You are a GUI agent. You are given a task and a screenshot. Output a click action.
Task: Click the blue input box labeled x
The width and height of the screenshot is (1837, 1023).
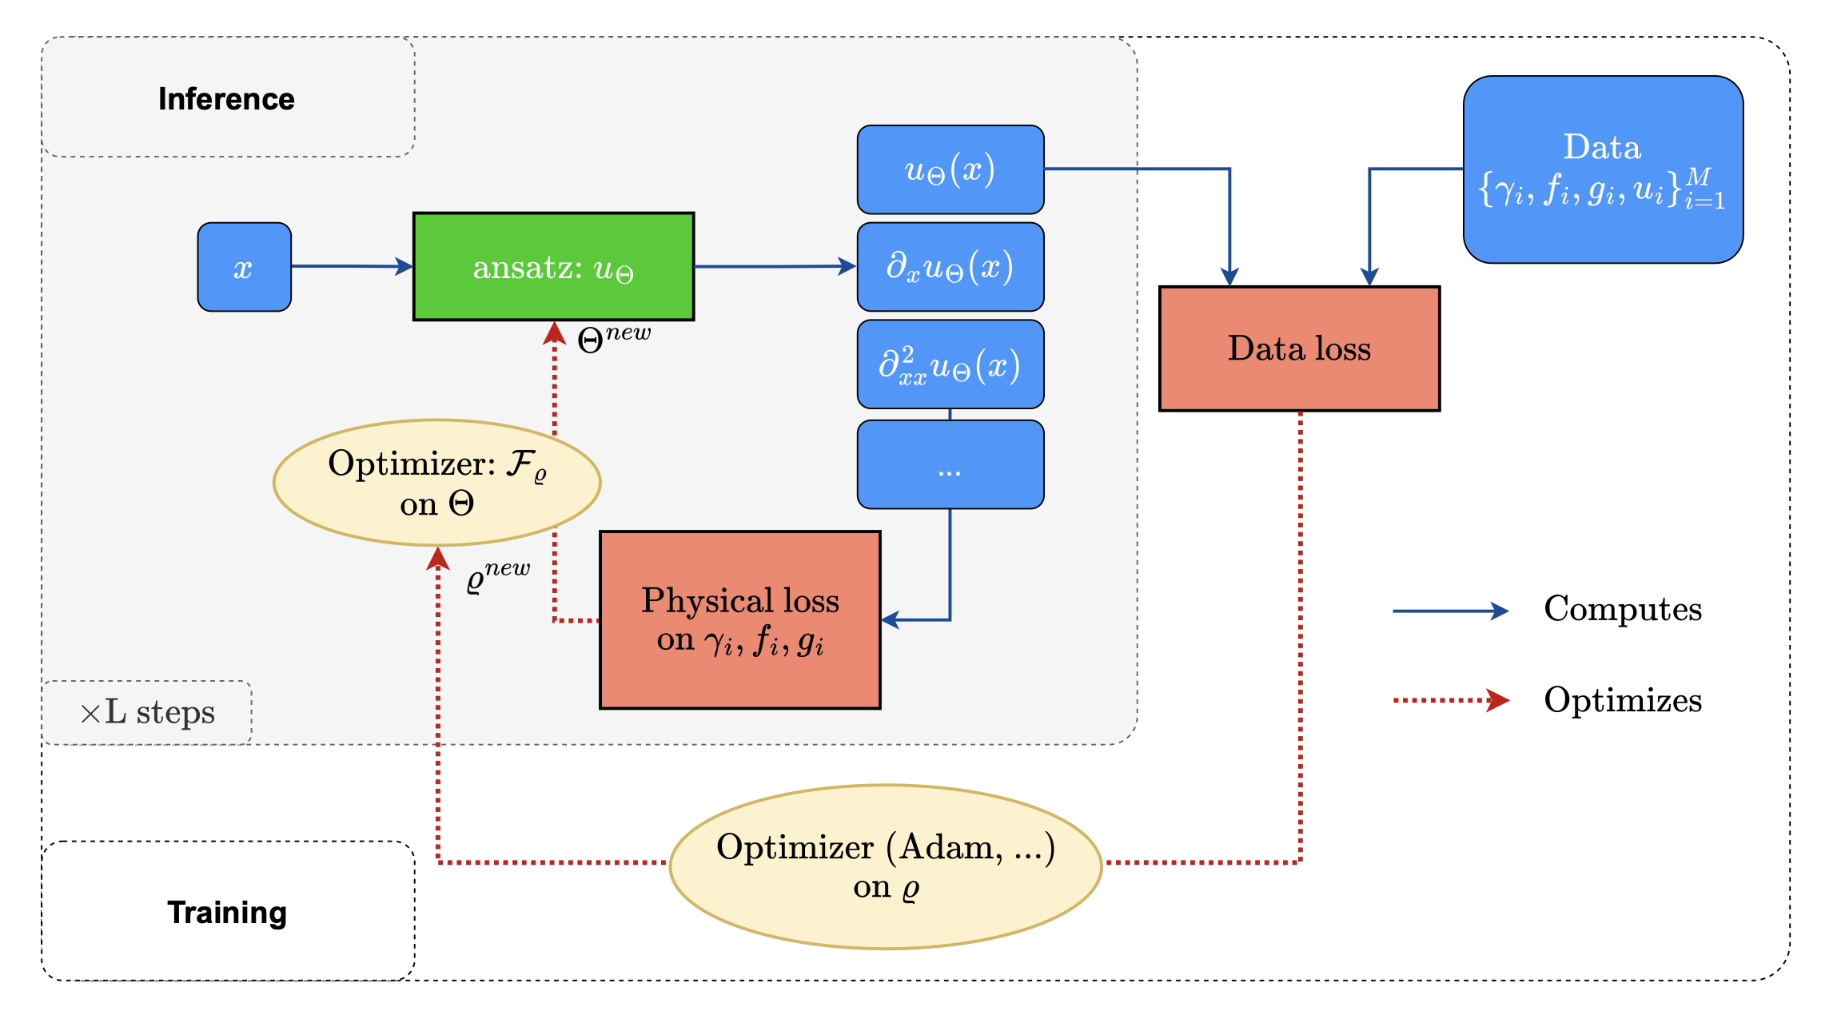pos(244,267)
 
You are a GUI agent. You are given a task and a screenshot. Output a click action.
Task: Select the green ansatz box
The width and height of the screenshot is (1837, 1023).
pos(553,267)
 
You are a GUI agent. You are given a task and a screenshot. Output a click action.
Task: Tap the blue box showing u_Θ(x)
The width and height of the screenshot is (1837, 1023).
pos(950,169)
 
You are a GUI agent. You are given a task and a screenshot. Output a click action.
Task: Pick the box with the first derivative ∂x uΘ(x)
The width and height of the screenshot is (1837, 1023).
pos(950,267)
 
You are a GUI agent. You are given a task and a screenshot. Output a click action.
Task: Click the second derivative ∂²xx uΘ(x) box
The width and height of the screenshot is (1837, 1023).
pos(950,364)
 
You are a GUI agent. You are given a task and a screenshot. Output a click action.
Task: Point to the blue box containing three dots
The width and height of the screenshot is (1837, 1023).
pos(950,464)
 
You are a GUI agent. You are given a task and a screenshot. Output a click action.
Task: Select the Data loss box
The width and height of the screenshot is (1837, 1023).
pos(1299,348)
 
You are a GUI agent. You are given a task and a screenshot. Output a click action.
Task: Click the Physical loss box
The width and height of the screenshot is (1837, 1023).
pos(739,619)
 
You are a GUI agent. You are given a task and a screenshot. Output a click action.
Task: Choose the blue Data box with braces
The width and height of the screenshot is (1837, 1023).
pos(1603,169)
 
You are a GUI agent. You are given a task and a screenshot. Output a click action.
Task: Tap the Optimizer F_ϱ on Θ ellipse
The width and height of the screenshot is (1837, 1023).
pos(436,483)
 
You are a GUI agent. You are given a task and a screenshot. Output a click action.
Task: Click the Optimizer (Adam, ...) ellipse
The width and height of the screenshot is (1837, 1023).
pos(885,866)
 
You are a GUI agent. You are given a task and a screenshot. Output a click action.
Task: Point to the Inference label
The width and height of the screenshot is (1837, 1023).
pos(226,99)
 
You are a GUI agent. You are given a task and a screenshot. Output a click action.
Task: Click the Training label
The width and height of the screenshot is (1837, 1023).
pos(226,912)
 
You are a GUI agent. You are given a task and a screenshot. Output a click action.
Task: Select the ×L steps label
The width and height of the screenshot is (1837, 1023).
pos(148,712)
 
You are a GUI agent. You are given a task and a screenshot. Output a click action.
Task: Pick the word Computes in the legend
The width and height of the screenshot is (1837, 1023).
pos(1622,610)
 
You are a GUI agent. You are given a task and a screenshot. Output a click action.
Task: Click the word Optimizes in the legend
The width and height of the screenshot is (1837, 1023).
pos(1622,701)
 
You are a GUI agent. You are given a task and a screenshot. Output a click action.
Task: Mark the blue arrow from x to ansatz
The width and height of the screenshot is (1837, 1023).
pos(352,266)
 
